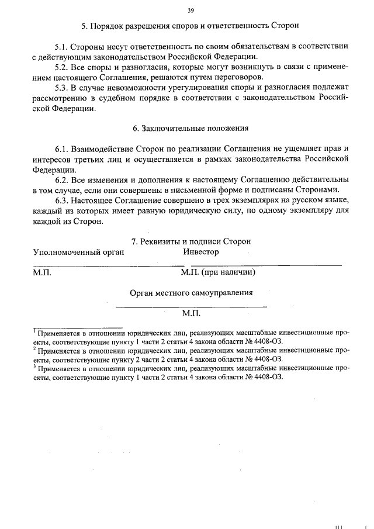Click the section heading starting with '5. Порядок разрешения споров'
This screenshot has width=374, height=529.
[191, 26]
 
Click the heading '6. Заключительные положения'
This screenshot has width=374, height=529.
[191, 128]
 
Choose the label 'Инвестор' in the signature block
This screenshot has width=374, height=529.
[201, 252]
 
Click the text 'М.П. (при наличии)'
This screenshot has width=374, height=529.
[218, 272]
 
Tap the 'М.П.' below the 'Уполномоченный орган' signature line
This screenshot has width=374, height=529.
[43, 272]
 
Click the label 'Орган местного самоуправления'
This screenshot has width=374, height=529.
[191, 292]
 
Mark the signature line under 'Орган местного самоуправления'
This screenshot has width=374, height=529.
[191, 306]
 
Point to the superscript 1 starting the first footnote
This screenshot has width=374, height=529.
[34, 330]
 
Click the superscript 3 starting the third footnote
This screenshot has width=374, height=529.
[34, 367]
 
